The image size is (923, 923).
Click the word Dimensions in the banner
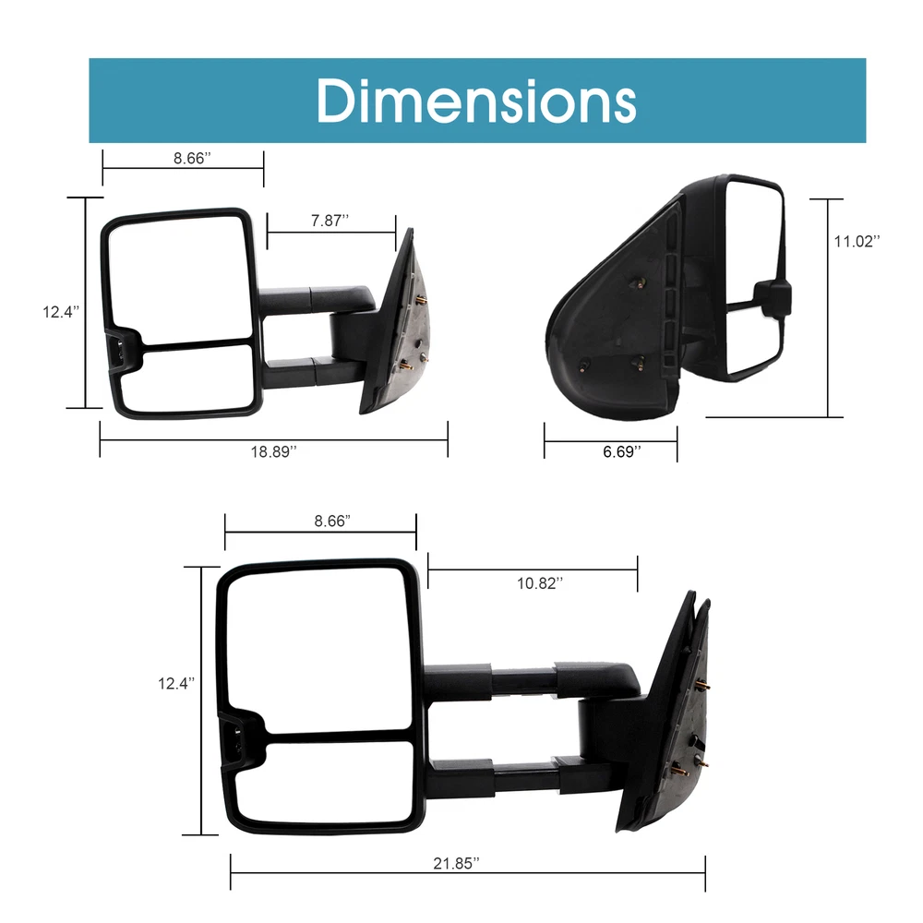tap(476, 101)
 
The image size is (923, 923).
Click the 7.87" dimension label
tap(330, 221)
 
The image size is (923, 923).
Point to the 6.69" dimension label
tap(621, 451)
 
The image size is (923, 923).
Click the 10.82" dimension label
tap(540, 583)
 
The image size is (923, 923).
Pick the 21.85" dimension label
tap(456, 864)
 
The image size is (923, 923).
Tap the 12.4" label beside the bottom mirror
tap(176, 683)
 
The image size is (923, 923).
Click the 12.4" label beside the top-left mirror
tap(61, 312)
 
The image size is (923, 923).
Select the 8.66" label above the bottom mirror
tap(332, 521)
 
